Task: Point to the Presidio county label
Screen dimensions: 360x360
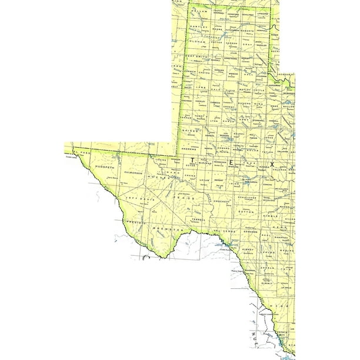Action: coord(135,222)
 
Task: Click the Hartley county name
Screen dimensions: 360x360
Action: coord(198,27)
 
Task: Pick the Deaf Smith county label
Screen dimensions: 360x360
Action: coord(197,56)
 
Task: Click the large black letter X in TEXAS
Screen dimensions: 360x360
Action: coord(272,164)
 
